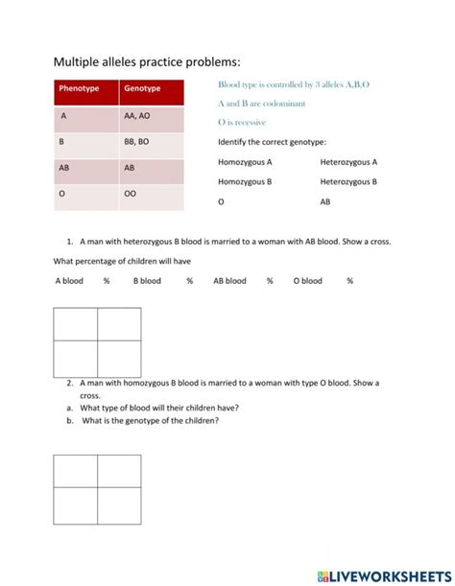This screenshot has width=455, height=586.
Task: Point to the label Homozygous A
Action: [245, 162]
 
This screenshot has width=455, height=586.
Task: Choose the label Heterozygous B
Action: [348, 181]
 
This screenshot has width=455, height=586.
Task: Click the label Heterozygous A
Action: [348, 162]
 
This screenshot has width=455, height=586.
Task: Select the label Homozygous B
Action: [245, 181]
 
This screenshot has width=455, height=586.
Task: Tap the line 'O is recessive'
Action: [242, 123]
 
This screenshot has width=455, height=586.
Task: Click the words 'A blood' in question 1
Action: [69, 281]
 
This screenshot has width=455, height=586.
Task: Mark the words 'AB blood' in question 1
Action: [229, 281]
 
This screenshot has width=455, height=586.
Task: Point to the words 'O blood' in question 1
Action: [308, 281]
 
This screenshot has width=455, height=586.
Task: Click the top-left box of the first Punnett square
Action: [76, 324]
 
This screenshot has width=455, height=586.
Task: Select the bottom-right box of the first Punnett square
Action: [119, 359]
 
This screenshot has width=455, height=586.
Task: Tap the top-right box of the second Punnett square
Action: [119, 470]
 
